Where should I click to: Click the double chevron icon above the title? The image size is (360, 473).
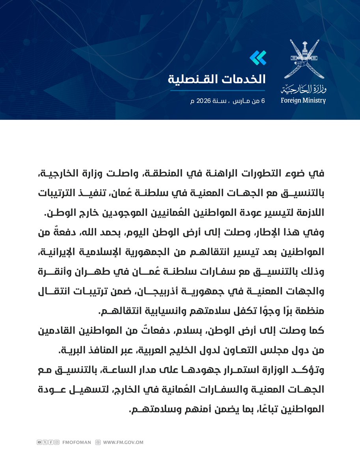[x=258, y=58]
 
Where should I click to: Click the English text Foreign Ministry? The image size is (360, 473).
[x=303, y=100]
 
